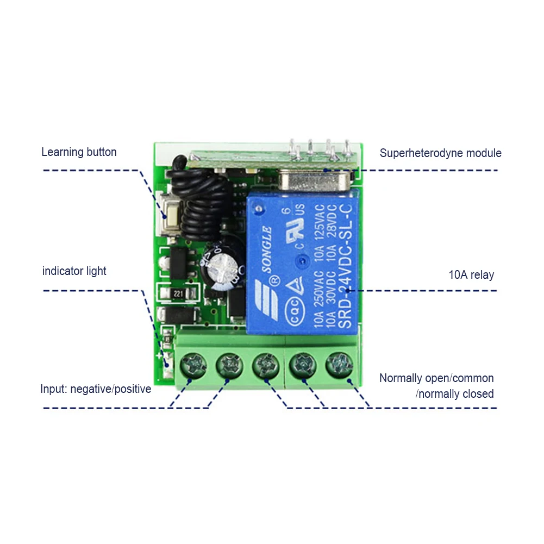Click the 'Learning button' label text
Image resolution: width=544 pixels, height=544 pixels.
(x=79, y=152)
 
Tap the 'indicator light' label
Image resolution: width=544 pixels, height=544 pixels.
(x=74, y=271)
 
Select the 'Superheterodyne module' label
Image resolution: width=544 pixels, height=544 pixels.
(x=440, y=153)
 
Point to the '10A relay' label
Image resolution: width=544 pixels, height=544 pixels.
(x=471, y=275)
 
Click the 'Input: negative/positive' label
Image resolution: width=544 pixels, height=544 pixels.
(x=96, y=389)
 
